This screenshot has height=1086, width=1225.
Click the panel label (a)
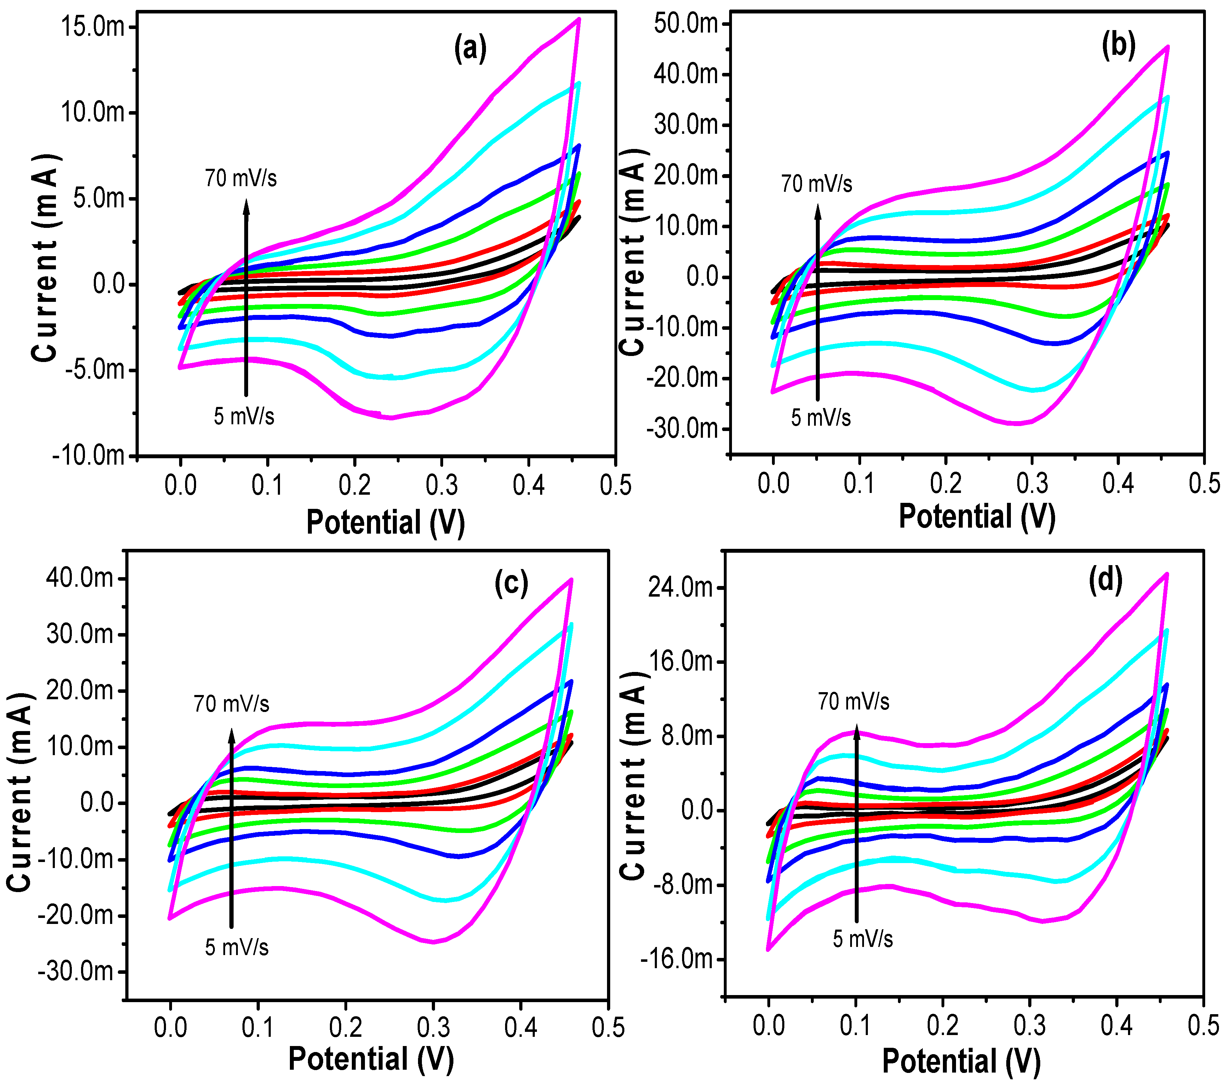tap(470, 48)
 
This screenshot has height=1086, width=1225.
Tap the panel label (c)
tap(511, 582)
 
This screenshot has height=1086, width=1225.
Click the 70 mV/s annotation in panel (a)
tap(241, 178)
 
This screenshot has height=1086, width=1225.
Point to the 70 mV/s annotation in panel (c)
tap(231, 703)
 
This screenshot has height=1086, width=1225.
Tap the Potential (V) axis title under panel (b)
tap(977, 516)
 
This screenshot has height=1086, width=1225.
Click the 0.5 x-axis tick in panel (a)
tap(616, 485)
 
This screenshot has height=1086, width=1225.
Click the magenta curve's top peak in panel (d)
tap(1166, 574)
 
